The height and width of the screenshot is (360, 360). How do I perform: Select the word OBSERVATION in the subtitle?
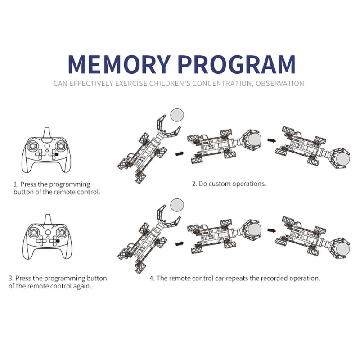279,83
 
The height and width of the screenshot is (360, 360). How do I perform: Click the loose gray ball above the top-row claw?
177,115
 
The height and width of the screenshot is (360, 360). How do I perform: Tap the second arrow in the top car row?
271,140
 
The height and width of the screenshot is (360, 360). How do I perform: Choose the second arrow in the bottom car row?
271,230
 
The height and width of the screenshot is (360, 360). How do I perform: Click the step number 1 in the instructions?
15,184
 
